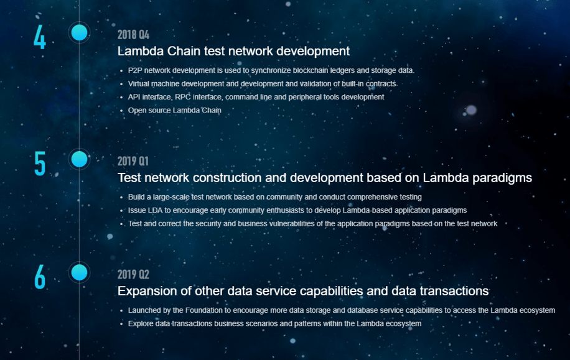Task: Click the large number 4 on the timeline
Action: (40, 37)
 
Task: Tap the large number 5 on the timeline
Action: (40, 164)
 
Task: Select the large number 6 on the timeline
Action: (40, 277)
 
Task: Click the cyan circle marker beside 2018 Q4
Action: (79, 33)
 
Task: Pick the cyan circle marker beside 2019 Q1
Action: (79, 159)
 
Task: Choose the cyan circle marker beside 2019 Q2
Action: (79, 272)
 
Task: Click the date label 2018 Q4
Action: (133, 35)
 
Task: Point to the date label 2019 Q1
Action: (133, 161)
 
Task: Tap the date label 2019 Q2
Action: (133, 275)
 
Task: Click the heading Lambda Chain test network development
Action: (233, 51)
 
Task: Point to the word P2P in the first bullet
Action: (135, 70)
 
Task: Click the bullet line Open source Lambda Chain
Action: (174, 111)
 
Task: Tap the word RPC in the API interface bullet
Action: (183, 97)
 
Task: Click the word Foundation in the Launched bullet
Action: (203, 310)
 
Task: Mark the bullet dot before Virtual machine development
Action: (122, 85)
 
